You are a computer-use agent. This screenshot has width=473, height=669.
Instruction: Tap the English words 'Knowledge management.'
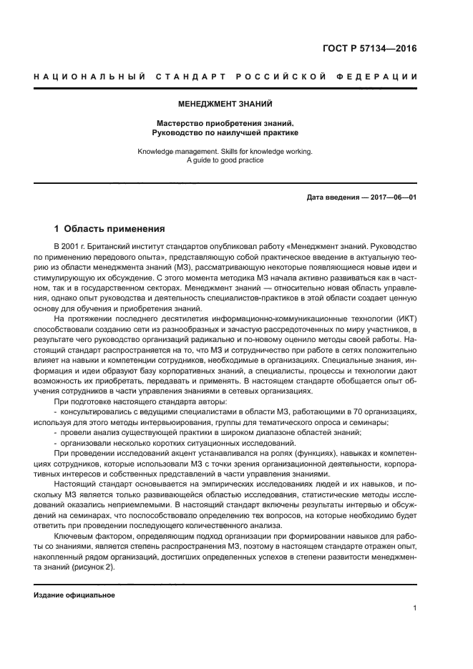tap(175, 151)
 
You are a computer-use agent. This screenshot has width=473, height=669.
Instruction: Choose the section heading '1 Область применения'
tap(110, 229)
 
